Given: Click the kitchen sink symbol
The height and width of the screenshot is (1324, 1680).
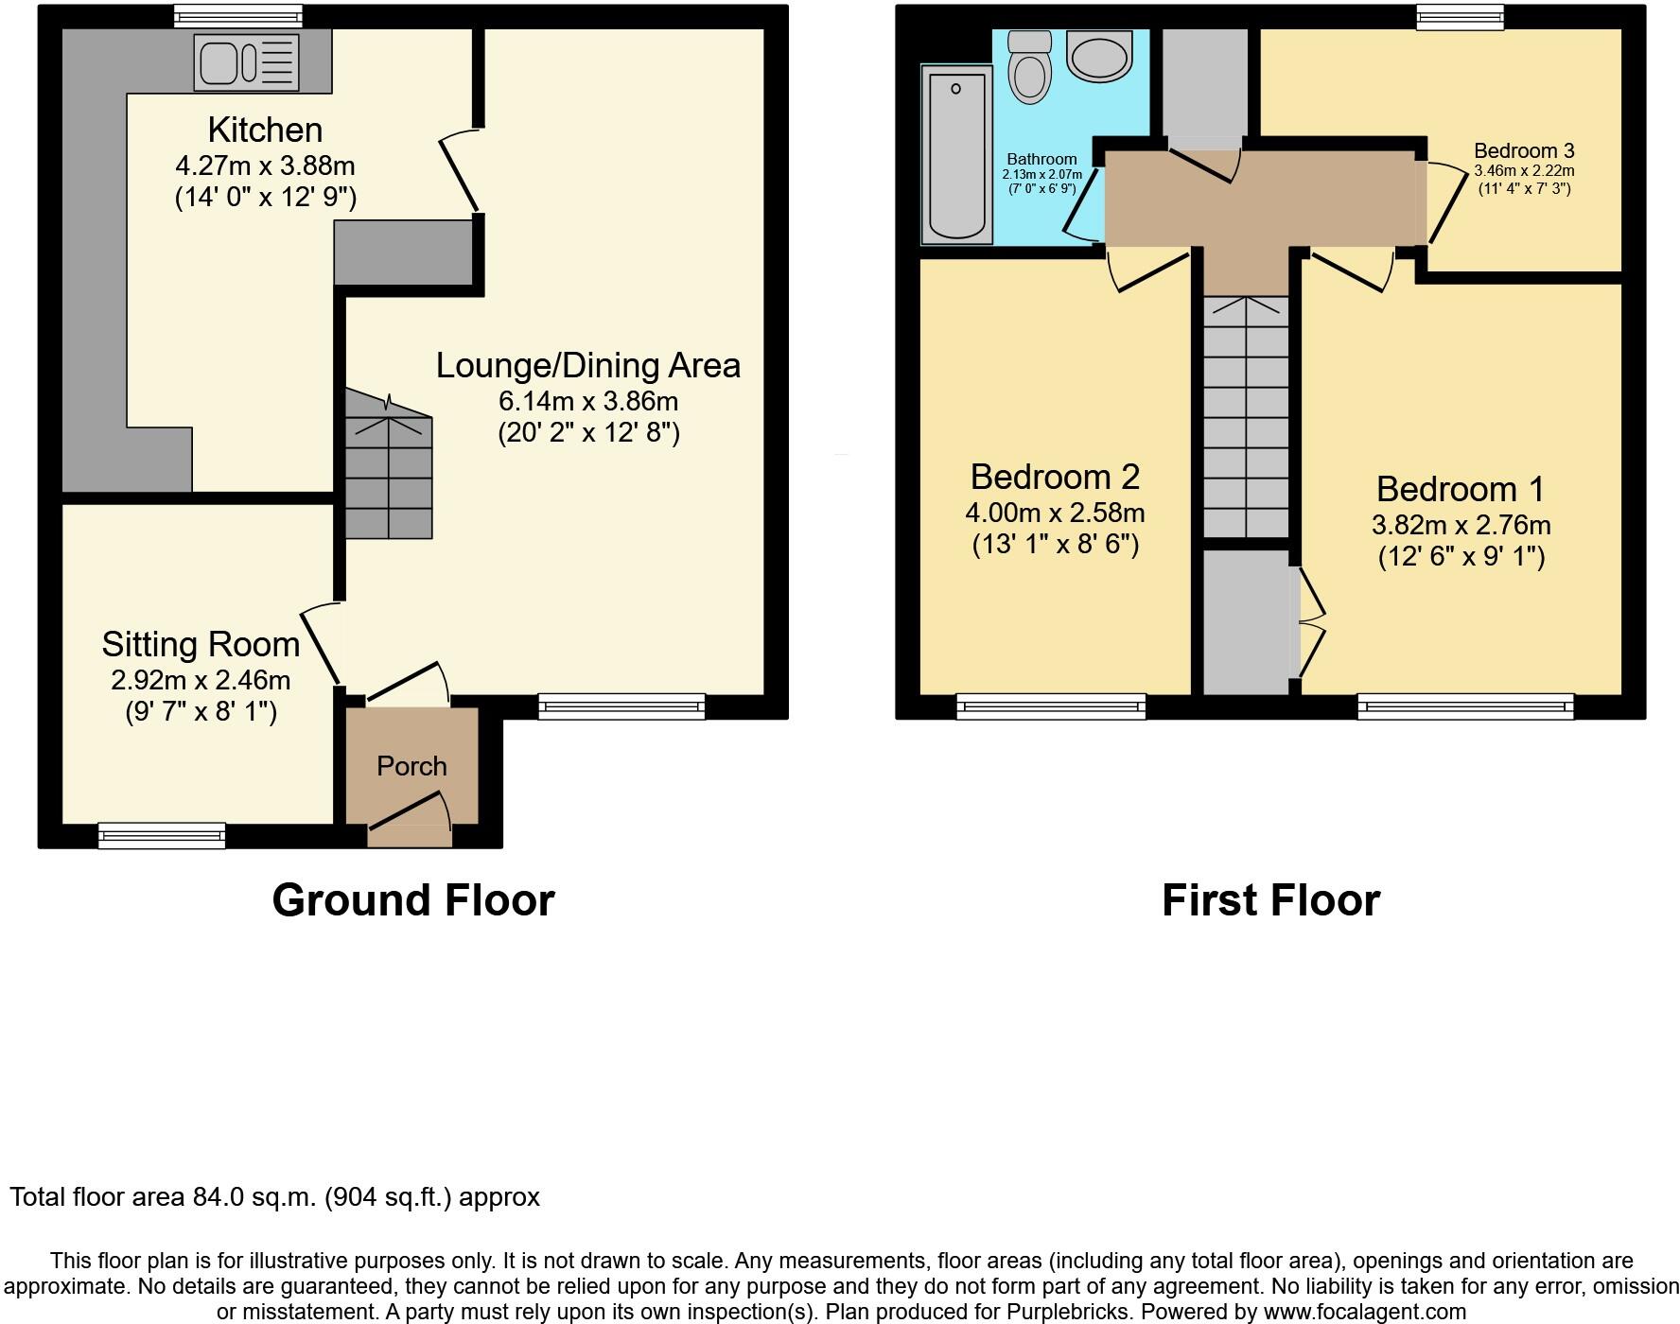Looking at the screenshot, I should click(x=247, y=63).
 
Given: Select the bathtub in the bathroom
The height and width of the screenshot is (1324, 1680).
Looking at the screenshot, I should click(x=956, y=155).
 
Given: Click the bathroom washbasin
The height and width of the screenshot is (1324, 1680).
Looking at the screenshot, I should click(x=1099, y=56).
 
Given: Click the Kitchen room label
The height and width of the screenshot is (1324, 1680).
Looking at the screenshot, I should click(x=265, y=130).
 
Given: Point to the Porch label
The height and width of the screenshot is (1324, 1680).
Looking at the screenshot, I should click(x=411, y=766).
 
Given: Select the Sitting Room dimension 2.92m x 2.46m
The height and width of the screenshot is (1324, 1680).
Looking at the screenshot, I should click(x=201, y=680).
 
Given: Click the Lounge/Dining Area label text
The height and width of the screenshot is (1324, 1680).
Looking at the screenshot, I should click(x=587, y=365).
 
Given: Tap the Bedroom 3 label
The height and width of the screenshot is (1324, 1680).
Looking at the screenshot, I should click(x=1523, y=150).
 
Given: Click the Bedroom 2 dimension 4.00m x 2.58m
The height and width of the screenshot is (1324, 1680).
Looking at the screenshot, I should click(x=1055, y=513).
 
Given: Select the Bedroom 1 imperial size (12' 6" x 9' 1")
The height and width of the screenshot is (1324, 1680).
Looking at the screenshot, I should click(x=1461, y=556).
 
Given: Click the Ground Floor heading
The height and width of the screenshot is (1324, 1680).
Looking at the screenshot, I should click(x=413, y=899).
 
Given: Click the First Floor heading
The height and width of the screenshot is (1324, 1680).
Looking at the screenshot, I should click(x=1270, y=899).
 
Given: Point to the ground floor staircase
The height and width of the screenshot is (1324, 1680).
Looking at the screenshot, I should click(x=388, y=468).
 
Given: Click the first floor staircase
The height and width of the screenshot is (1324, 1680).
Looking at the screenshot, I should click(x=1246, y=416).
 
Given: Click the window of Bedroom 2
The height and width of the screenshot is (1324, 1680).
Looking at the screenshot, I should click(x=1051, y=706).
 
